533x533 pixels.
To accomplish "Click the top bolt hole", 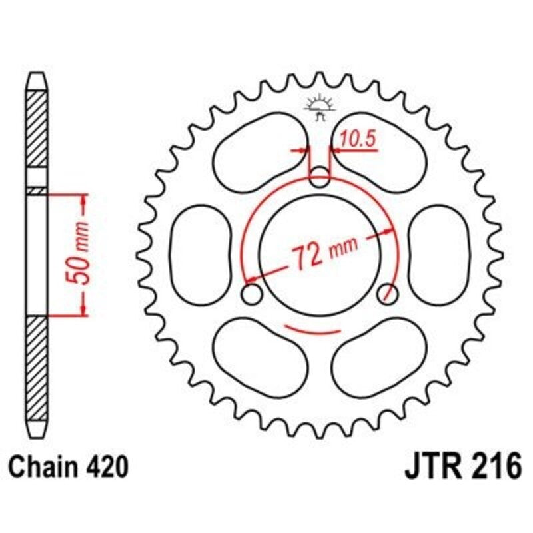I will [320, 177].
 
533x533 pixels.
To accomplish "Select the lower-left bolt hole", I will [251, 294].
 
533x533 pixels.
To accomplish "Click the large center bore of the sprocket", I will [320, 250].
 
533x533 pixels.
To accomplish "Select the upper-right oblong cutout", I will [381, 151].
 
